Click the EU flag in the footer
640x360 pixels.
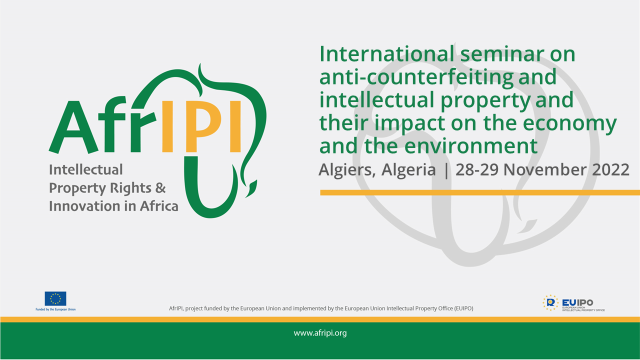click(55, 298)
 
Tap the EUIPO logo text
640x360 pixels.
click(577, 302)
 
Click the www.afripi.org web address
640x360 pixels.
click(320, 333)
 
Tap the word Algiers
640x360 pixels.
click(347, 170)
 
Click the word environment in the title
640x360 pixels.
click(471, 146)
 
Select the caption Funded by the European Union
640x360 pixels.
click(55, 309)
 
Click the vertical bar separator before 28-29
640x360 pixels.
click(446, 170)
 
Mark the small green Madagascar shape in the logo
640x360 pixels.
click(251, 188)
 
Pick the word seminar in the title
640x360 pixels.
click(502, 54)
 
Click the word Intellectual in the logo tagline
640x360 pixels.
click(86, 169)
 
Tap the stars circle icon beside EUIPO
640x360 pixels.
click(550, 303)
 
